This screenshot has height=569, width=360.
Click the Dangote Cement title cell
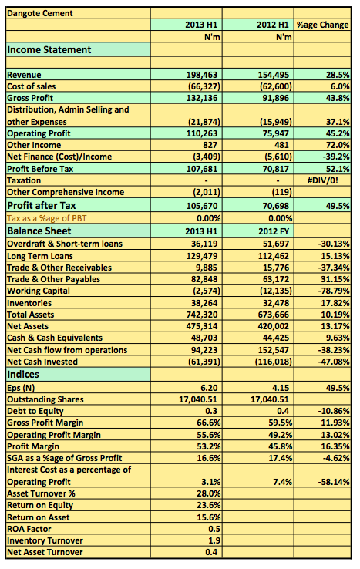tap(40, 13)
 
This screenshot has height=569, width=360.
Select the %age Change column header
tap(323, 25)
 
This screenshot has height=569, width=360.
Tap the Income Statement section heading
tap(49, 49)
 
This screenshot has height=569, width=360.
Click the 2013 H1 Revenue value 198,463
tap(202, 75)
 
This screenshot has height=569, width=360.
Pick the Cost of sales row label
tap(31, 86)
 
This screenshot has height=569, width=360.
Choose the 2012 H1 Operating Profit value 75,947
tap(276, 133)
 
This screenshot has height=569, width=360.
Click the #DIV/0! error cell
tap(323, 180)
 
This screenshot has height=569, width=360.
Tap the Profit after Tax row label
tap(42, 205)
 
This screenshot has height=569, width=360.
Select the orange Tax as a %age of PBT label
tap(47, 218)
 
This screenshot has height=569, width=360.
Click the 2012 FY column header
tap(274, 231)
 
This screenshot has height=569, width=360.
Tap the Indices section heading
tap(23, 374)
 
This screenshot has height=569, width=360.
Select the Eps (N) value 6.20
tap(209, 388)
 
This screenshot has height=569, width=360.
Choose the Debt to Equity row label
tap(35, 411)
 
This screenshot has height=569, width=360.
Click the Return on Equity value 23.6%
tap(209, 505)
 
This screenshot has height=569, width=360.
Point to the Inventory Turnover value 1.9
tap(214, 540)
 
